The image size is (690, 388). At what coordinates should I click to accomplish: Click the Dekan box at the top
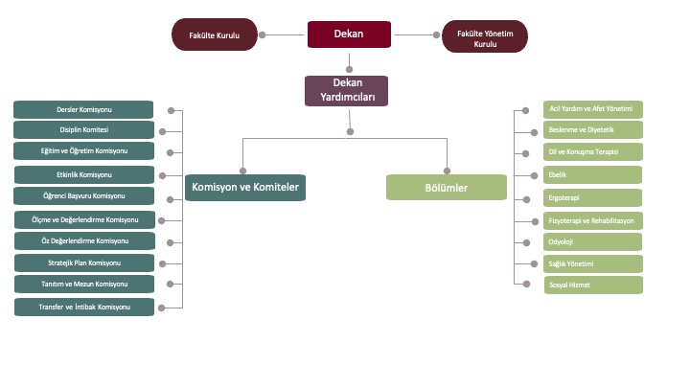click(x=350, y=34)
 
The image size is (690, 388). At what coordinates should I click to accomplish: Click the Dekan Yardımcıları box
click(x=346, y=90)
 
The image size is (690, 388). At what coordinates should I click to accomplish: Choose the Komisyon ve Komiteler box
click(x=245, y=187)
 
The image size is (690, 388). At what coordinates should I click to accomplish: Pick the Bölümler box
click(x=447, y=187)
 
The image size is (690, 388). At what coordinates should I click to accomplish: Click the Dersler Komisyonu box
click(x=84, y=110)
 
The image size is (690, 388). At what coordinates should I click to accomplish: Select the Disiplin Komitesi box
click(x=84, y=130)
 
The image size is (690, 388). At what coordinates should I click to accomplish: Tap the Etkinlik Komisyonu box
click(x=84, y=174)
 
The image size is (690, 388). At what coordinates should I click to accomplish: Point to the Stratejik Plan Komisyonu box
click(x=84, y=262)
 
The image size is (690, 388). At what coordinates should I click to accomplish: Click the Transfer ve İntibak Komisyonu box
click(x=84, y=307)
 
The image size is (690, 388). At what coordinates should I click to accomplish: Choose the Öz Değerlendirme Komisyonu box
click(x=84, y=240)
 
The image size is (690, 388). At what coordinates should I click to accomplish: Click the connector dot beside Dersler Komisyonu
click(x=171, y=110)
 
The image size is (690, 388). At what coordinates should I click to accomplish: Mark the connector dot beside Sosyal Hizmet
click(x=524, y=284)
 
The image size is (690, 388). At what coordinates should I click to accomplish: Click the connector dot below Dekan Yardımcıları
click(x=350, y=130)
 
